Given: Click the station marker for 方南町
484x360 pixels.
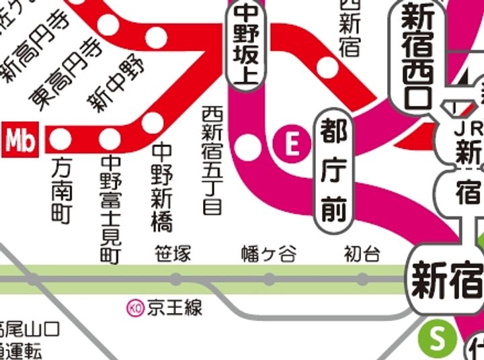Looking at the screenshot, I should point(61,140).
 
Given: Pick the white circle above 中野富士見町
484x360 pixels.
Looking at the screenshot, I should point(110,140).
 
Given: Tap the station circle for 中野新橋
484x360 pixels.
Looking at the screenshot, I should point(153,122).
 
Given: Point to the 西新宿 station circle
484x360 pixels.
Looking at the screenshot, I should point(327,68).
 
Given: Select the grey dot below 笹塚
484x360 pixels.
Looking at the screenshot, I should point(176,279).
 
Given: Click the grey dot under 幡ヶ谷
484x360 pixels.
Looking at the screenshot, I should point(269,279).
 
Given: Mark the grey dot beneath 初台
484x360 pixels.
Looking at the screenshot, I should point(362,279).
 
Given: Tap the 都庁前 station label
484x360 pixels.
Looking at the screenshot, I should point(333,171).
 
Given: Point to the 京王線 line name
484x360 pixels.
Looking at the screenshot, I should point(175,308).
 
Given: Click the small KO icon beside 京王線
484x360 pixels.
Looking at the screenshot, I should point(134,308).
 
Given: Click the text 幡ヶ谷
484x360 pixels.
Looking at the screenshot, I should point(268,255).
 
